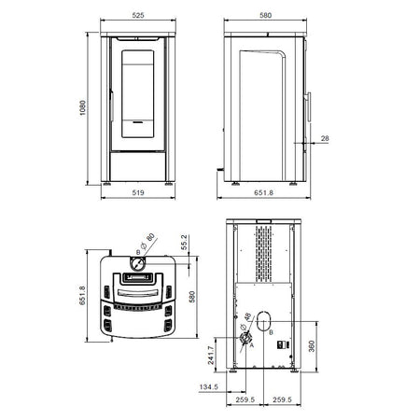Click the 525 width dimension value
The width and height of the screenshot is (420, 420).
coord(138,15)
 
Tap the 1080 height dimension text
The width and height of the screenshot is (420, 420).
coord(82,107)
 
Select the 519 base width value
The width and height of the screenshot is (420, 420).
coord(138,192)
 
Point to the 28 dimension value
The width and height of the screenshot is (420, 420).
coord(325,138)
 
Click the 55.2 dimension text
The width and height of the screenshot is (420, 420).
coord(184,243)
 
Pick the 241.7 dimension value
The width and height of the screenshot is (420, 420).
coord(211,356)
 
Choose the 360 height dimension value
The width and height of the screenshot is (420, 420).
coord(312,346)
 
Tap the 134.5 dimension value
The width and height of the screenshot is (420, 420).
coord(208,387)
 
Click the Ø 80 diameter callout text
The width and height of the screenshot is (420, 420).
coord(147,241)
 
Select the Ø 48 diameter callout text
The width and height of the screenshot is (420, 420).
coord(245,321)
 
